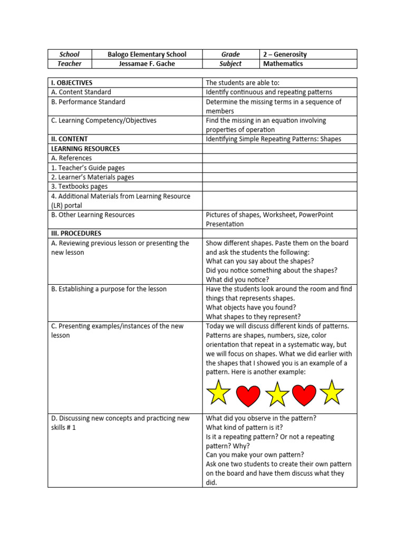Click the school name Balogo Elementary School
click(147, 54)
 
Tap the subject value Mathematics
click(283, 64)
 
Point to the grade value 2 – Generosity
click(285, 54)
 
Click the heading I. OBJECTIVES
click(72, 83)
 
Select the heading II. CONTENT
click(69, 139)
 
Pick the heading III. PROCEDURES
click(76, 233)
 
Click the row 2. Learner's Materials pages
click(93, 177)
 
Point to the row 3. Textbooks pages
click(79, 187)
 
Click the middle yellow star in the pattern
click(277, 394)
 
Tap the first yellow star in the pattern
click(218, 393)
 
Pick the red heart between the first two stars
click(248, 396)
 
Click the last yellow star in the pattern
click(331, 393)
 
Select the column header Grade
click(230, 54)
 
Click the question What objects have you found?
click(251, 307)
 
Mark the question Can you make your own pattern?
click(255, 455)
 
